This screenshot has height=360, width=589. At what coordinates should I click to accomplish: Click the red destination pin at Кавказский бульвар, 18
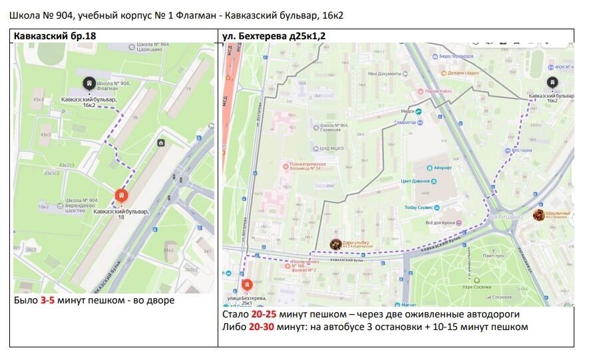[x=121, y=195]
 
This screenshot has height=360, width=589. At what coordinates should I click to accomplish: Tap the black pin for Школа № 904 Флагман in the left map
[x=88, y=83]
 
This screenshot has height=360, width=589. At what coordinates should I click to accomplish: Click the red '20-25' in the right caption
[x=264, y=313]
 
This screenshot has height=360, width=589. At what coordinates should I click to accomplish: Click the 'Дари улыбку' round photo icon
[x=336, y=244]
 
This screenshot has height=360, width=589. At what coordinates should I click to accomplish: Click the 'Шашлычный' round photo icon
[x=538, y=214]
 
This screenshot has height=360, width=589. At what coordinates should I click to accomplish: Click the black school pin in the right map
[x=551, y=82]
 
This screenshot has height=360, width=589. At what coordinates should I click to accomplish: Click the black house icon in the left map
[x=160, y=143]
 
